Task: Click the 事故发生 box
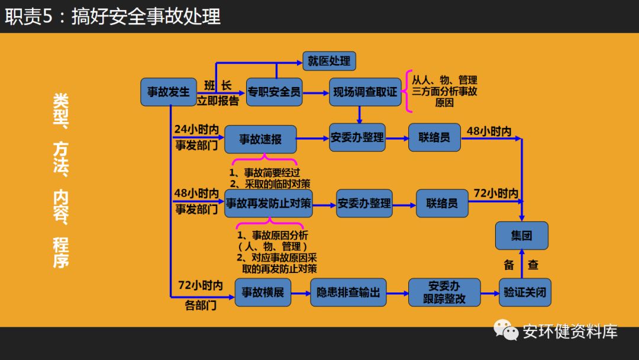(x=169, y=92)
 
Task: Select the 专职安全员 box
(x=274, y=92)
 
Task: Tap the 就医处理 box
(x=329, y=60)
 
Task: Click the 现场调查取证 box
(x=365, y=92)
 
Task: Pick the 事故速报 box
(x=260, y=140)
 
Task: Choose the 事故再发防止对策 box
(x=269, y=203)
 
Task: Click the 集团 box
(x=521, y=235)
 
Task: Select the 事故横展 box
(x=263, y=292)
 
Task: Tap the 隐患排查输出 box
(x=348, y=292)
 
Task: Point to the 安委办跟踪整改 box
(x=444, y=292)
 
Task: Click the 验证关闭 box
(x=525, y=292)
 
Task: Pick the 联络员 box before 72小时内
(x=442, y=203)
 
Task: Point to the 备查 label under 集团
(x=521, y=265)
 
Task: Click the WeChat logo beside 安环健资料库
(x=506, y=330)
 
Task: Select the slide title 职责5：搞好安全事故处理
(x=113, y=16)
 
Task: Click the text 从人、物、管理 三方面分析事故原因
(x=444, y=91)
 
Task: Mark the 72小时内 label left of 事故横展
(x=200, y=285)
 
